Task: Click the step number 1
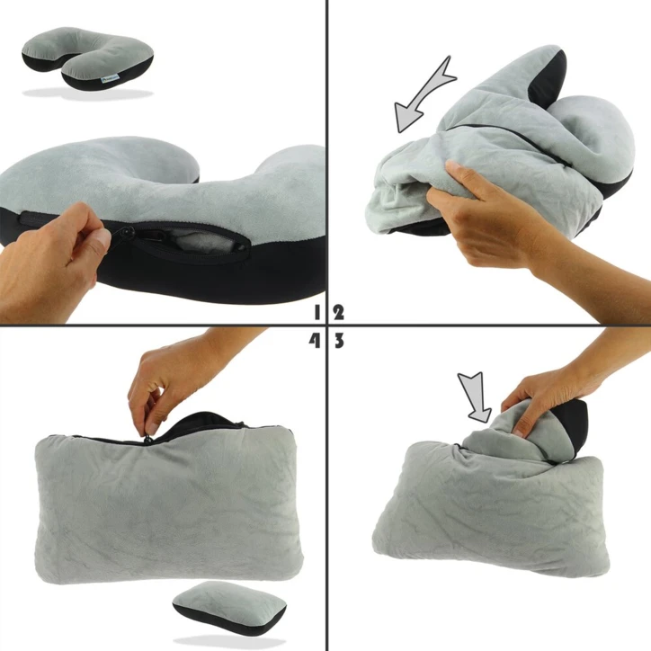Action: coord(318,313)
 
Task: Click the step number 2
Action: coord(339,313)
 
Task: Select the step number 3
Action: coord(339,340)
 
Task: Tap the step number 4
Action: coord(315,340)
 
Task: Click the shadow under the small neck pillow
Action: coord(85,94)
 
